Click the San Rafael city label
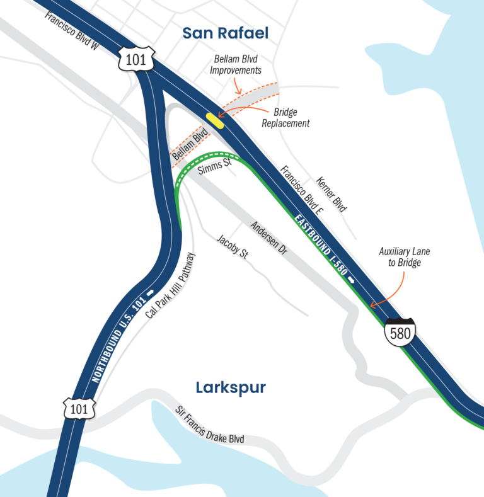pos(226,33)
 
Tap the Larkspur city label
pos(230,387)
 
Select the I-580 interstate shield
pos(400,332)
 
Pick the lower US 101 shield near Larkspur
pos(79,409)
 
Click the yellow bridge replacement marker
pos(215,121)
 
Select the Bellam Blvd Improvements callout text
pos(238,64)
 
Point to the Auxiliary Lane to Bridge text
pos(404,257)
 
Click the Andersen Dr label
pos(268,237)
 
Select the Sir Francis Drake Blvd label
pos(209,426)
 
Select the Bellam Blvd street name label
pos(189,144)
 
